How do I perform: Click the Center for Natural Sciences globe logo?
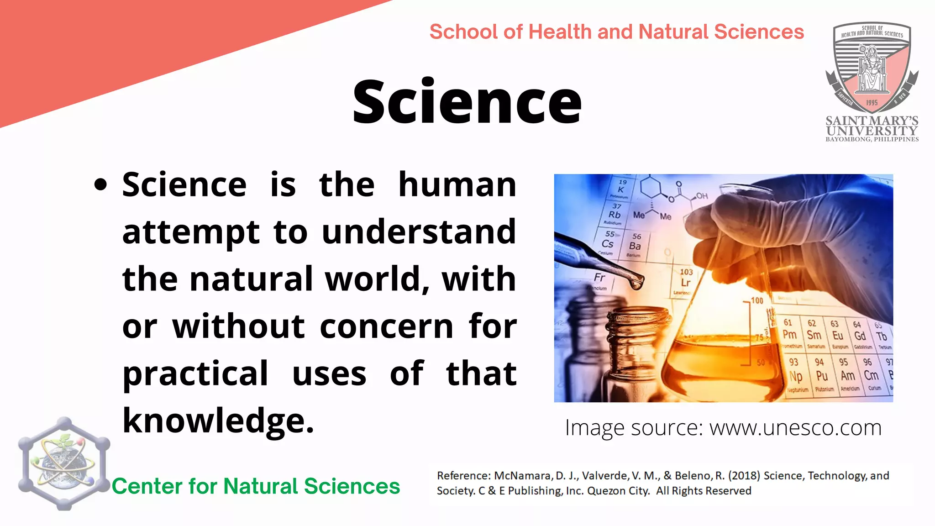[64, 463]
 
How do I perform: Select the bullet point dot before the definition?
[100, 185]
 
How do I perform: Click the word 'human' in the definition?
[457, 185]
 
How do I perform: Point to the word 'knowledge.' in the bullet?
[218, 421]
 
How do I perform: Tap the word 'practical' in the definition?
[195, 373]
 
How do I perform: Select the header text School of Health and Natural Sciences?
[616, 32]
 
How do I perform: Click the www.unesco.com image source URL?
[795, 428]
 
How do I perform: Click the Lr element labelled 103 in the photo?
[686, 279]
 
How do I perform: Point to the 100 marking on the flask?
[757, 300]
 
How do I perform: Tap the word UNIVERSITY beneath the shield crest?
[872, 131]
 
